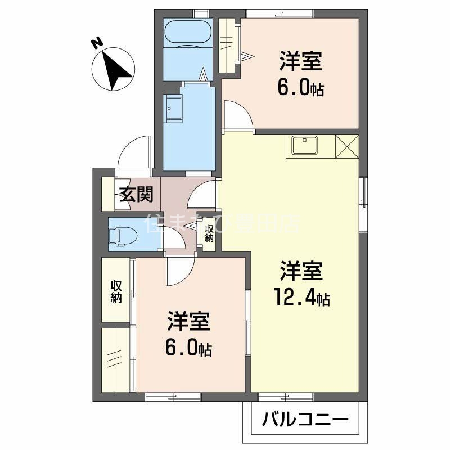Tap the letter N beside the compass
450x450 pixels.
click(x=97, y=42)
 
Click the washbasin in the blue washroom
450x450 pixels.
click(x=173, y=107)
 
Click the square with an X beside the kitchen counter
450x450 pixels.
click(x=346, y=147)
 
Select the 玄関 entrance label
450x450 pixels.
click(x=136, y=194)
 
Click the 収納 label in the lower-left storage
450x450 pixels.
click(x=116, y=291)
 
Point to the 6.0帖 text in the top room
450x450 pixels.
click(x=300, y=87)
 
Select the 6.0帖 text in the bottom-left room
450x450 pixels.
click(x=188, y=348)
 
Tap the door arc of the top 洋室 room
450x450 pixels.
click(x=236, y=115)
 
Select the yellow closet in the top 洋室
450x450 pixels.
click(x=229, y=45)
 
